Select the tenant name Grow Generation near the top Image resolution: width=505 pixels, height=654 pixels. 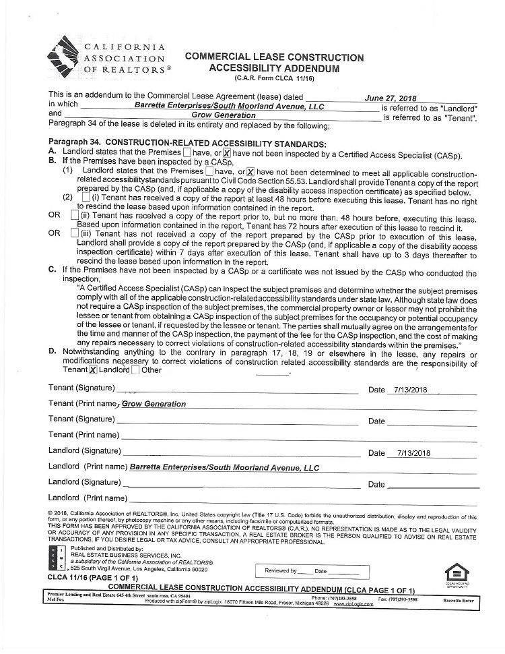click(224, 115)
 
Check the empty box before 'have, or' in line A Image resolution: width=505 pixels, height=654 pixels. click(187, 154)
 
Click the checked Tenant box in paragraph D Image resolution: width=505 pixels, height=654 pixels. click(93, 369)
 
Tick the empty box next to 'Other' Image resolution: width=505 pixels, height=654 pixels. click(136, 369)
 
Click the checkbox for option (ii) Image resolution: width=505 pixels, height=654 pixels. click(74, 215)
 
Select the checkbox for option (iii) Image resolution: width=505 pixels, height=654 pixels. click(74, 233)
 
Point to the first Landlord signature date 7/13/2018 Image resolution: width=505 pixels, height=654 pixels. click(413, 453)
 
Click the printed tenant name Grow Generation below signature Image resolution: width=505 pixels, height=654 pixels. click(154, 404)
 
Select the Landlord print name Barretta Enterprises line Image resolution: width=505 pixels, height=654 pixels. click(224, 467)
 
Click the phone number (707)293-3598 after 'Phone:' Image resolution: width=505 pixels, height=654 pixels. click(343, 598)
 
